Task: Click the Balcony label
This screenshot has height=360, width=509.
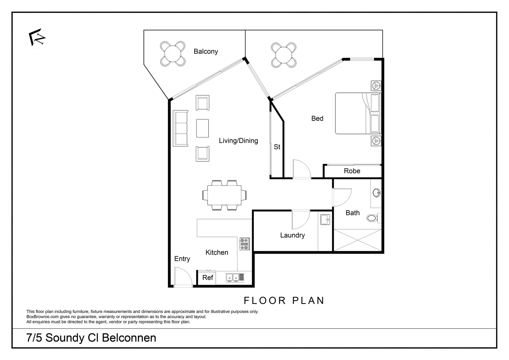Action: click(x=206, y=51)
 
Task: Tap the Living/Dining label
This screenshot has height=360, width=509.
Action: click(x=238, y=141)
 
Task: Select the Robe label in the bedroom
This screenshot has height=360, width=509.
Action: click(x=352, y=171)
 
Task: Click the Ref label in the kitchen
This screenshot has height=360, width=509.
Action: click(x=208, y=278)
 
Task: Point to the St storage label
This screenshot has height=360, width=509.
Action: click(x=277, y=147)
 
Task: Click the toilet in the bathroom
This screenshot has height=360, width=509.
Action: click(x=372, y=218)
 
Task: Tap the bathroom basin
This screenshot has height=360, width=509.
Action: click(x=376, y=193)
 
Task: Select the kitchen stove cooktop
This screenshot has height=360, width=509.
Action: click(x=245, y=244)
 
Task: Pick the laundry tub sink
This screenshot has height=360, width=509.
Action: click(x=325, y=220)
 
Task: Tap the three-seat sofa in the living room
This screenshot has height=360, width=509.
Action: click(x=181, y=128)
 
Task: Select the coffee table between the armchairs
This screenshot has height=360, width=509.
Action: click(x=203, y=128)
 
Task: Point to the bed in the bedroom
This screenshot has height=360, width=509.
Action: click(x=357, y=113)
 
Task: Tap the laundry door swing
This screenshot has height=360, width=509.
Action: click(x=300, y=219)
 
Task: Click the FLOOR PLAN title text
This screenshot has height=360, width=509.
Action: click(x=284, y=301)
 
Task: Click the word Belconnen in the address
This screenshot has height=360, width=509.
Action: click(x=129, y=338)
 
